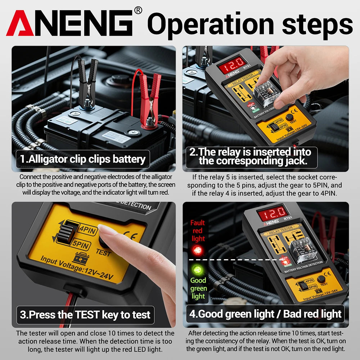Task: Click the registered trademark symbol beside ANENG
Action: pyautogui.click(x=138, y=11)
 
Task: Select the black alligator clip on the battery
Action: pyautogui.click(x=87, y=83)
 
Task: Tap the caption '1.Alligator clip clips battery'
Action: pyautogui.click(x=82, y=159)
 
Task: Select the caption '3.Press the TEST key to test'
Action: pyautogui.click(x=85, y=315)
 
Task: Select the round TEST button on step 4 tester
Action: pyautogui.click(x=321, y=279)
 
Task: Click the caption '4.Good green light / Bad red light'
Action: pyautogui.click(x=265, y=314)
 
